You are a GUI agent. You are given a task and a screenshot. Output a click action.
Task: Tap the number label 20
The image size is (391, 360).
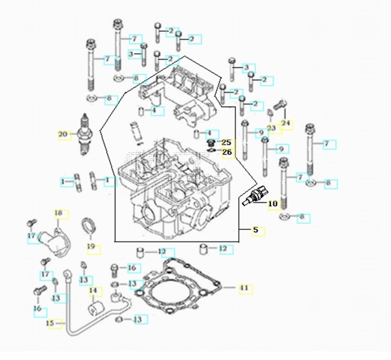coord(63,134)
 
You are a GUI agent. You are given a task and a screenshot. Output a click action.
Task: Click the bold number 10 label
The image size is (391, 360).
coord(272,204)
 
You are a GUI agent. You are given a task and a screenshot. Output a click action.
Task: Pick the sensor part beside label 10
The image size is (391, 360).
coord(255,197)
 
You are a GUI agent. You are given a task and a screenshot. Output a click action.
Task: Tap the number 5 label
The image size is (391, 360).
coord(255,231)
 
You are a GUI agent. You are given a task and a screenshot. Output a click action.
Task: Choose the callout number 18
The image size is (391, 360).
coord(59,214)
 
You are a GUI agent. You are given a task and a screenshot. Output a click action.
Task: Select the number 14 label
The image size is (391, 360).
coord(92,291)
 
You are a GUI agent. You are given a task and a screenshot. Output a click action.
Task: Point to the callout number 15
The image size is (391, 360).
coord(51,323)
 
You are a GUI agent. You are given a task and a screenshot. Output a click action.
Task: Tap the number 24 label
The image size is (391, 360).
coord(287,122)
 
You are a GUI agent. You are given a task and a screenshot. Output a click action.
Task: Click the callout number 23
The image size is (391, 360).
coord(271,128)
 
